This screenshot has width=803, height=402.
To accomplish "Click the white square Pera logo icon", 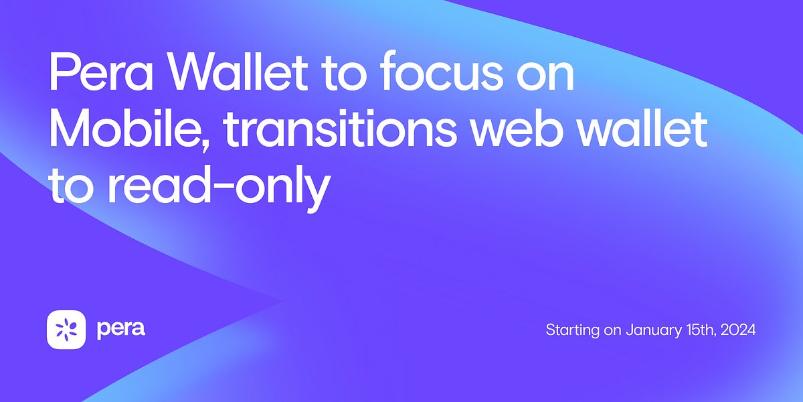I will (x=66, y=330).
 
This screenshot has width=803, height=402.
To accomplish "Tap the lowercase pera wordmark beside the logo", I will (x=120, y=330).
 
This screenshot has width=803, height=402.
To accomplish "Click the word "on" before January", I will (x=613, y=330).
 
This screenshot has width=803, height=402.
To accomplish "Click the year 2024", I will (x=740, y=330).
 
